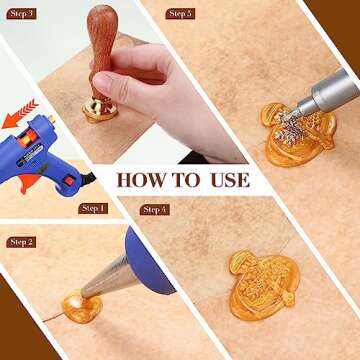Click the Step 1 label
click(93, 208)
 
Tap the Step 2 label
click(21, 242)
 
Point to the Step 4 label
click(155, 210)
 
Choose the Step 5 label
click(180, 14)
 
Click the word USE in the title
click(229, 180)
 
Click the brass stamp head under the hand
click(99, 109)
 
